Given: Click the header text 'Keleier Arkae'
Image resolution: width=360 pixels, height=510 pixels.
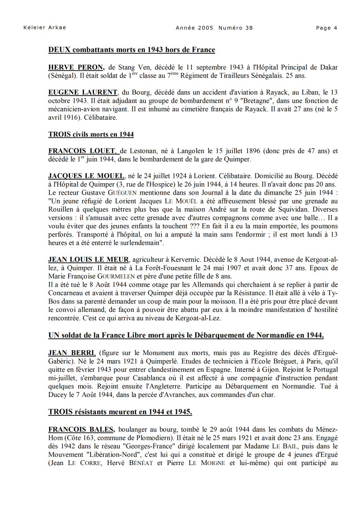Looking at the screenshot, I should point(44,28).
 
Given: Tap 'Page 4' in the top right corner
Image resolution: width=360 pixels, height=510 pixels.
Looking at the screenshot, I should point(327,28).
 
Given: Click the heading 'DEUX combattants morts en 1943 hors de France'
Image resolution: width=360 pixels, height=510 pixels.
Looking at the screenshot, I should point(132,50).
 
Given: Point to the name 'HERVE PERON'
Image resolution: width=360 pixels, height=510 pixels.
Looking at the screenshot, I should point(76,67).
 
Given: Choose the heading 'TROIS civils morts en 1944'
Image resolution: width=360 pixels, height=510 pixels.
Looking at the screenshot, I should point(91,134).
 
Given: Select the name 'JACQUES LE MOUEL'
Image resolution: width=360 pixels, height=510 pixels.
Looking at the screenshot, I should point(87,176).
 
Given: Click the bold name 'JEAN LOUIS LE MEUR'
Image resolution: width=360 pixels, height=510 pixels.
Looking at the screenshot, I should point(89,259).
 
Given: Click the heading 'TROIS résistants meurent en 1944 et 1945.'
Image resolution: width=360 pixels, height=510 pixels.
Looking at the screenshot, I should point(120,412).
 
